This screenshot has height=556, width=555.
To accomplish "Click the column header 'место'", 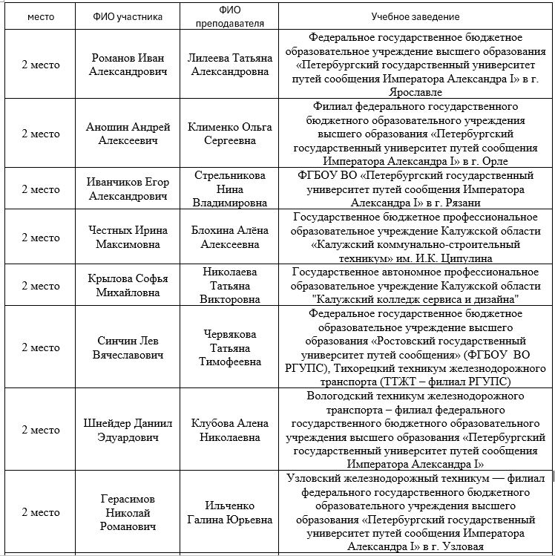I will tap(40, 16).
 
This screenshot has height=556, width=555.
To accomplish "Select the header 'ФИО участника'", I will tap(128, 16).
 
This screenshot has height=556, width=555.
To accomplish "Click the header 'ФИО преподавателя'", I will tap(229, 16).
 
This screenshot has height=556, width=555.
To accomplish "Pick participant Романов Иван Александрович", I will tap(128, 65).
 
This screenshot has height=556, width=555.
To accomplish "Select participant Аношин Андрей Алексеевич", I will tap(128, 134).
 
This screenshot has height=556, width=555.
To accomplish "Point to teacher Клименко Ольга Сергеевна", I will tap(229, 134).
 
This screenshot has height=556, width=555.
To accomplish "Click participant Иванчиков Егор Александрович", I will tap(128, 189).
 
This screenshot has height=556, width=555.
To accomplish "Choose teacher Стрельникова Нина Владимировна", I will tap(229, 189).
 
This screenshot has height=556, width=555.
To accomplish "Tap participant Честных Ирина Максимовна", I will tap(128, 238).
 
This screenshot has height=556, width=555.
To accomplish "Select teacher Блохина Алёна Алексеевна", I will tap(229, 238).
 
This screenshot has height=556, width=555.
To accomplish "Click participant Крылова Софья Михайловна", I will tap(128, 286).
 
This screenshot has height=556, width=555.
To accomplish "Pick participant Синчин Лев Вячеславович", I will tap(128, 347).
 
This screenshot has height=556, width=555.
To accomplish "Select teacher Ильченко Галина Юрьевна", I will tap(229, 513).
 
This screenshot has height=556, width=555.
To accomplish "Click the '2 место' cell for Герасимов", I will tap(40, 513).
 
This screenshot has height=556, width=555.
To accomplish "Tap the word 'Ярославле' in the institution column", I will tap(415, 93).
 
